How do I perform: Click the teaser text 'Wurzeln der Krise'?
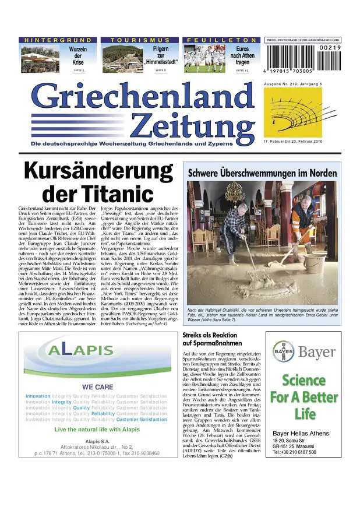pos(77,55)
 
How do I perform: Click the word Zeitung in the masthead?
pos(192,124)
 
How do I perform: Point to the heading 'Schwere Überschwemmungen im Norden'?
pos(262,174)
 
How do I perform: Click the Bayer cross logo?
pos(284,351)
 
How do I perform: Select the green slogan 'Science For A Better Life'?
pos(303,398)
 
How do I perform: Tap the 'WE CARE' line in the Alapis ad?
pos(97,386)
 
